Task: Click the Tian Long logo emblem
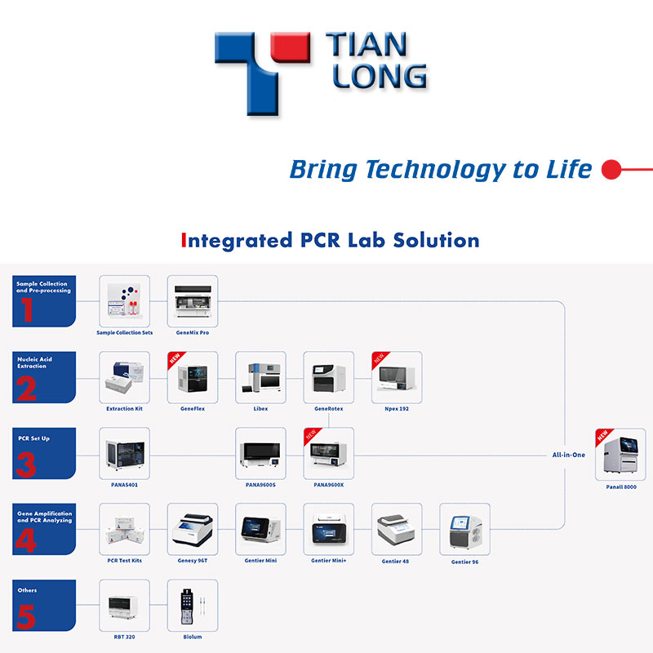(x=261, y=69)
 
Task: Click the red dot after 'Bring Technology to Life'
(x=609, y=170)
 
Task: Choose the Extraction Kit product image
(x=124, y=377)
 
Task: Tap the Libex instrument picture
(x=260, y=377)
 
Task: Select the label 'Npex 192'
(x=396, y=408)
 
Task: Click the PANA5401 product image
(x=124, y=453)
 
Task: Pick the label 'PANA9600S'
(x=260, y=484)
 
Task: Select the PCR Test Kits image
(x=124, y=529)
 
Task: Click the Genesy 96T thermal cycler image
(x=193, y=529)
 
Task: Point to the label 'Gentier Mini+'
(x=329, y=561)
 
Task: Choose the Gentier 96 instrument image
(x=464, y=530)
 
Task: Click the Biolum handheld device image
(x=193, y=605)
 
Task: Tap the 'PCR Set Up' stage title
(x=34, y=438)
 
